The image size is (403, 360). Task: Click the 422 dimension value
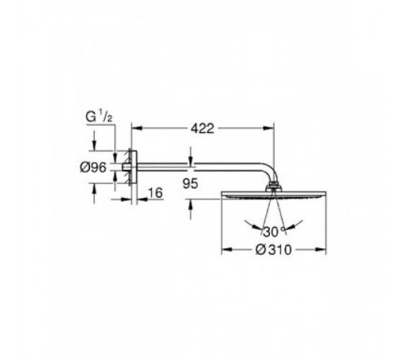point(202,128)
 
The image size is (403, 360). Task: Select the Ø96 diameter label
point(93,168)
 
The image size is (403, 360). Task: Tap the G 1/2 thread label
point(99,117)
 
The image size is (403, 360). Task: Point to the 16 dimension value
point(155,193)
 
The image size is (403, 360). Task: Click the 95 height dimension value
point(190,184)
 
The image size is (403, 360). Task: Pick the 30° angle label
point(273,232)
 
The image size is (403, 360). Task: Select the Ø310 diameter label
point(273,250)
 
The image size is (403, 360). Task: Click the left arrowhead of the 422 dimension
point(137,128)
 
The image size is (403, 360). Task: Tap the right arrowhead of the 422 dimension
point(269,128)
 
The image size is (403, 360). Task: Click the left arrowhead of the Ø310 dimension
point(227,249)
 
